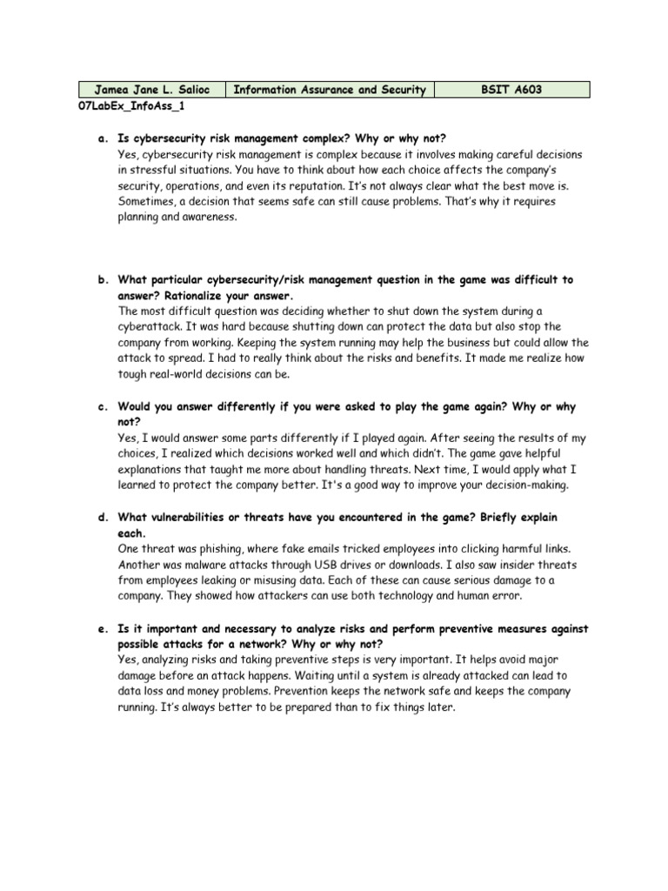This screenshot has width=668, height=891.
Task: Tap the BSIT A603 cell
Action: [511, 90]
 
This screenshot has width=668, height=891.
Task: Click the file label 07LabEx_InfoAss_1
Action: [131, 106]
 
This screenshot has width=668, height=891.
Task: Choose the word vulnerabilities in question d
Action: [195, 517]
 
